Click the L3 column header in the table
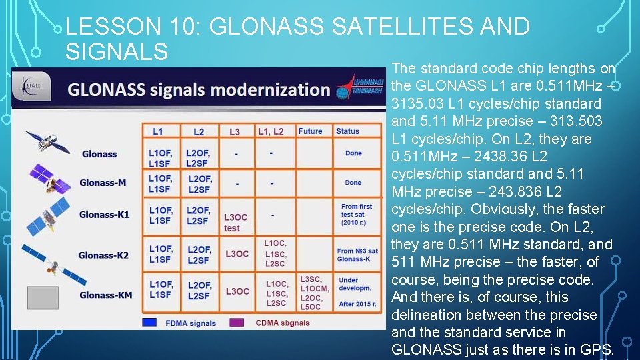(x=235, y=132)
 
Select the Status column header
(x=347, y=131)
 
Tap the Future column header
(x=310, y=131)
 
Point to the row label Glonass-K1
(x=104, y=215)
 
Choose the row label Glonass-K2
(x=104, y=255)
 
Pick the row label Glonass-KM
(x=105, y=295)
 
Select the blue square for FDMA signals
(x=150, y=323)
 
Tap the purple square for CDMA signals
(x=237, y=323)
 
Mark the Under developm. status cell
(x=351, y=283)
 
